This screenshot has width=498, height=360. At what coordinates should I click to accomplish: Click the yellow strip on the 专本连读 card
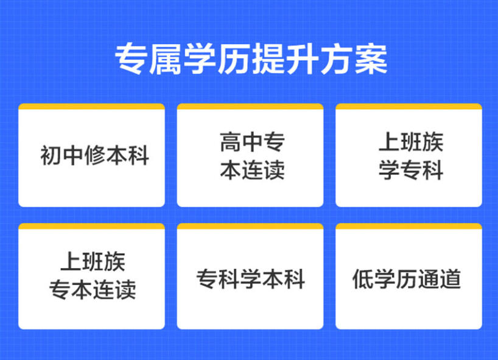point(91,227)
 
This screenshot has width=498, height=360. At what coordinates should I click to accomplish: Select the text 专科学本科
point(250,279)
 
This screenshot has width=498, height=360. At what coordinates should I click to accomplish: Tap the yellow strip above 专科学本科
point(250,227)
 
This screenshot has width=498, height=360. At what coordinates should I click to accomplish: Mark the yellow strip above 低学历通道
point(409,227)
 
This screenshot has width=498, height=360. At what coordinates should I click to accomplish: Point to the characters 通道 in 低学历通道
point(440,279)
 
